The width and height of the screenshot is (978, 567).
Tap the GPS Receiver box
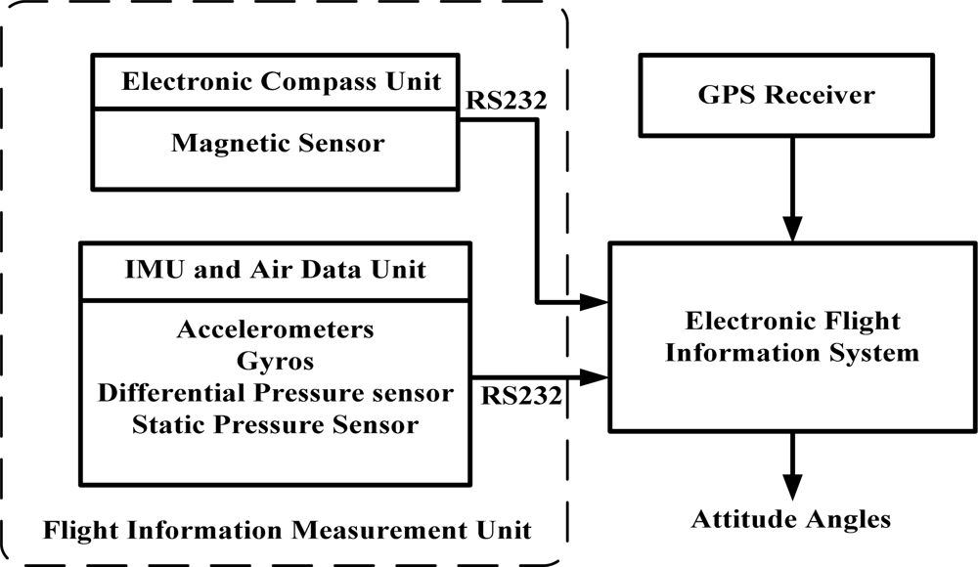click(x=793, y=95)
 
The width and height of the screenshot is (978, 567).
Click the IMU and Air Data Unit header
click(x=277, y=269)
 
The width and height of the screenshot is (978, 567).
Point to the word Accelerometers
click(x=276, y=329)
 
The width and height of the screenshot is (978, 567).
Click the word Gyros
click(x=276, y=361)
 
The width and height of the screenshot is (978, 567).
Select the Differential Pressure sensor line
click(x=276, y=392)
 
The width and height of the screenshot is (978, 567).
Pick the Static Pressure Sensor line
click(x=276, y=424)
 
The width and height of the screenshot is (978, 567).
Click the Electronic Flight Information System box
click(x=792, y=337)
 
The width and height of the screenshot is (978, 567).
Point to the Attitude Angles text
click(x=793, y=518)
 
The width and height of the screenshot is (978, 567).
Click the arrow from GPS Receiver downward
click(x=793, y=186)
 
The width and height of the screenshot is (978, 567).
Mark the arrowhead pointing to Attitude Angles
click(x=793, y=483)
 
